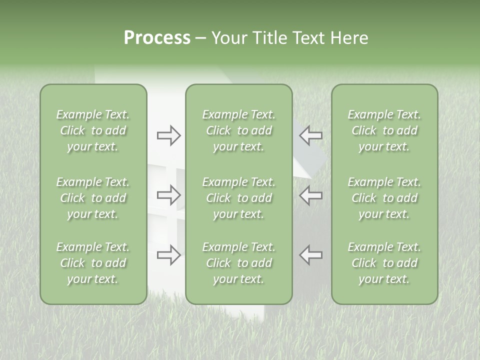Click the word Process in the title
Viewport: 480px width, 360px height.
click(157, 38)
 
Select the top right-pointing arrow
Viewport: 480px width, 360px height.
click(169, 135)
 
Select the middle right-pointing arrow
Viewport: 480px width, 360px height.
click(169, 195)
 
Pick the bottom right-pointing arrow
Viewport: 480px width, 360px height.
click(169, 255)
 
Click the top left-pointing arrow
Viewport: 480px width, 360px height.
click(311, 135)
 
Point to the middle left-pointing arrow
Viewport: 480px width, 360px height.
click(311, 195)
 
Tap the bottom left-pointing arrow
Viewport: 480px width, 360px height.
click(311, 254)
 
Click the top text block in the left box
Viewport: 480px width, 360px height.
click(93, 130)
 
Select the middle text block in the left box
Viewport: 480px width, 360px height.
click(93, 198)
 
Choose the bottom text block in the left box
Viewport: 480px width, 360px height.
click(93, 263)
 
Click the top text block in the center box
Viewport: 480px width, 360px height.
click(239, 130)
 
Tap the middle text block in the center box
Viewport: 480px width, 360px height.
click(239, 198)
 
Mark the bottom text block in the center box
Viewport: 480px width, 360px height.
click(239, 263)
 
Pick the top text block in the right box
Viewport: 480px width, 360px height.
click(384, 130)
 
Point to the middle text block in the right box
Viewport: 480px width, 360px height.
click(384, 198)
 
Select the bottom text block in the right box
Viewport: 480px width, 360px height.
click(384, 263)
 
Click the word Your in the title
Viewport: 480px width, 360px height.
click(228, 38)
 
